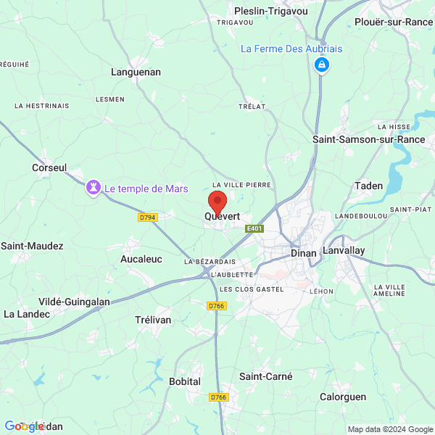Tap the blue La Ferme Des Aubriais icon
click(321, 65)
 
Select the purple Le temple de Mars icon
click(94, 188)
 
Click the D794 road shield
click(147, 217)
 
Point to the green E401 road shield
click(253, 229)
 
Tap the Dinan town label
click(303, 254)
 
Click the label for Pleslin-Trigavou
click(270, 10)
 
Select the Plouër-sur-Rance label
click(394, 22)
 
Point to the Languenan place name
click(136, 72)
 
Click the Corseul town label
click(49, 167)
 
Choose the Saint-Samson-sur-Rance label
click(368, 138)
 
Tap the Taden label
click(368, 186)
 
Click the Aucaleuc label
click(141, 259)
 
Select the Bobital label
click(185, 381)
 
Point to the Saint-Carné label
click(266, 376)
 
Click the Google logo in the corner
click(24, 426)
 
